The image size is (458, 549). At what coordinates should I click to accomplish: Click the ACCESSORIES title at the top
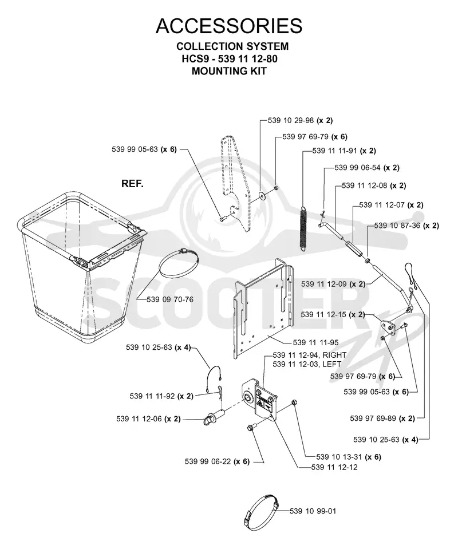pos(229,26)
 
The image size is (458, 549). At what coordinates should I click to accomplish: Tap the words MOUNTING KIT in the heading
pos(229,71)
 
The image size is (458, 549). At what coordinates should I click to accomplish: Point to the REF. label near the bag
pos(132,183)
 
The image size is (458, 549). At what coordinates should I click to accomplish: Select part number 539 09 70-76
pos(170,299)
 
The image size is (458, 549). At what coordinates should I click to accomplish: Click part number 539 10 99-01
pos(313,511)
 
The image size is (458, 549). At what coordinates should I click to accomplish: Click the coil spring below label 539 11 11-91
pos(303,229)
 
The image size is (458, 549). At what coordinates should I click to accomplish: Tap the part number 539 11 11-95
pos(315,342)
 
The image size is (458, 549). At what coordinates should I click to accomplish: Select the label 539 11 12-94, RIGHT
pos(310,355)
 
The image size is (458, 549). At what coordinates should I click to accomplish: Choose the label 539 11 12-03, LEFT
pos(307,364)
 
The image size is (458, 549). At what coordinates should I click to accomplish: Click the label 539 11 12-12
pos(334,467)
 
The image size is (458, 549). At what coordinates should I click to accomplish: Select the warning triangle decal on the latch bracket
pos(261,404)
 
